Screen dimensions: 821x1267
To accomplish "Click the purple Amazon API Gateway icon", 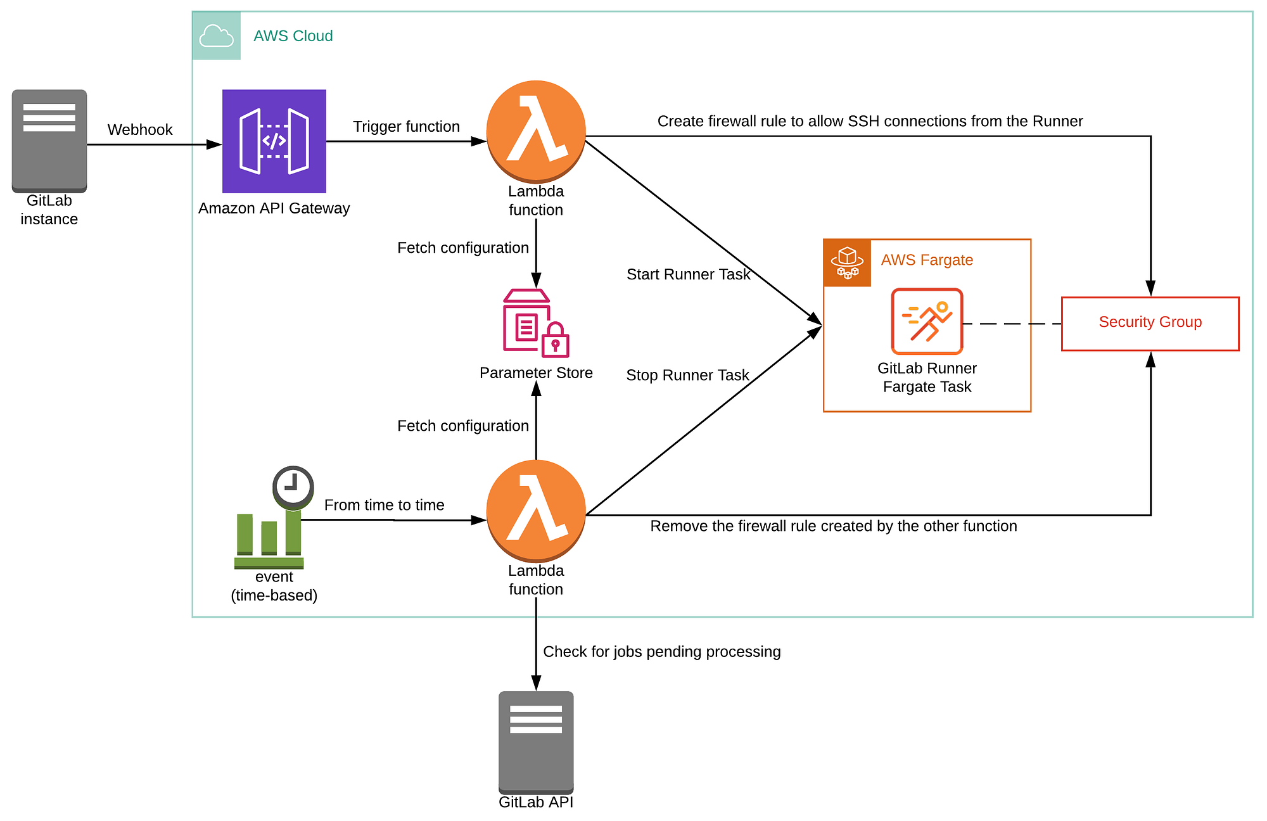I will tap(274, 141).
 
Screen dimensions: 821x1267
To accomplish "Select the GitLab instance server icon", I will tap(49, 140).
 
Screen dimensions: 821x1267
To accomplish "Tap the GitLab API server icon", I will tap(536, 742).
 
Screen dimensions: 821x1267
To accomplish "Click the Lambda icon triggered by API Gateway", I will tap(536, 131).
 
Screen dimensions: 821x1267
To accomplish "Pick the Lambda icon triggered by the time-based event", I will tap(536, 511).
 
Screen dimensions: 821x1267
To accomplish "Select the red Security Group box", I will tap(1150, 323).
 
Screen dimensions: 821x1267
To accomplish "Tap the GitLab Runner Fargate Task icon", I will tap(927, 321).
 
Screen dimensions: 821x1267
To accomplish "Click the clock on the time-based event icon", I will tap(293, 487).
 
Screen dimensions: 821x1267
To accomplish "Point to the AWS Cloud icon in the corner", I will tap(216, 36).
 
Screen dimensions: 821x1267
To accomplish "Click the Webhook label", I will tap(140, 130).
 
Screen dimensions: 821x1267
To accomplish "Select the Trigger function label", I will tap(406, 127).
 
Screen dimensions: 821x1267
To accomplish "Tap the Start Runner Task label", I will tap(688, 274).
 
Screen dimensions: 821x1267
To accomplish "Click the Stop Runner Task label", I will tap(687, 375).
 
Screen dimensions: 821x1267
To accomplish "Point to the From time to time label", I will tap(384, 505).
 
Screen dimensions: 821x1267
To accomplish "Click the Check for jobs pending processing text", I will tap(661, 651).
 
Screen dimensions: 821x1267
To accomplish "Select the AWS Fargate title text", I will tap(926, 260).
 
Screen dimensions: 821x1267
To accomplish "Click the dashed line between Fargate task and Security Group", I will tap(1012, 324).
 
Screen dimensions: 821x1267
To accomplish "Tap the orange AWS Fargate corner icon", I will tap(847, 263).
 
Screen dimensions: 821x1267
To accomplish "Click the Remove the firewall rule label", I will tap(833, 526).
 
